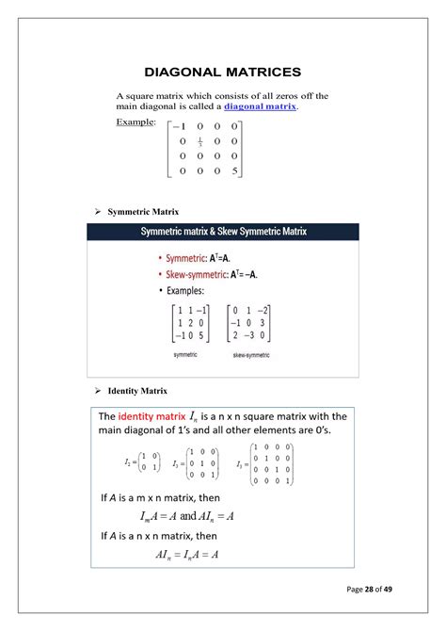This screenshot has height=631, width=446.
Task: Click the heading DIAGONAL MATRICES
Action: coord(222,72)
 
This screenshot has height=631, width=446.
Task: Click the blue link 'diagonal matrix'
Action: coord(260,107)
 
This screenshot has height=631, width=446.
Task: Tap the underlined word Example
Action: coord(135,123)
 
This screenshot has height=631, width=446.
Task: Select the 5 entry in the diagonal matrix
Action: coord(234,171)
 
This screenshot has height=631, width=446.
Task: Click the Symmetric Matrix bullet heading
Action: coord(143,212)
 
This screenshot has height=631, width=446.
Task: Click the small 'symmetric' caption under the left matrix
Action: coord(185,354)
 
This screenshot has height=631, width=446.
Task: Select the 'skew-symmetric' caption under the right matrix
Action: coord(251,355)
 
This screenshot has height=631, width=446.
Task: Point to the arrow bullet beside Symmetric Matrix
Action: coord(99,212)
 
